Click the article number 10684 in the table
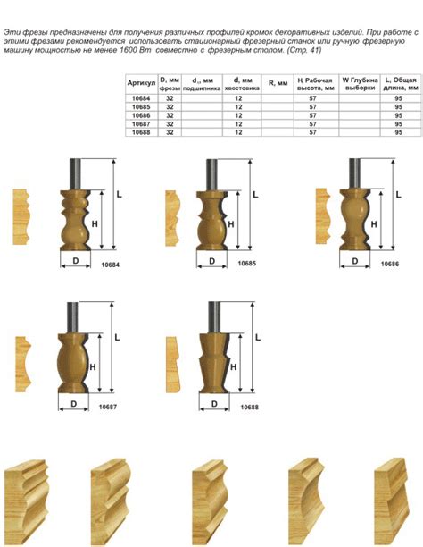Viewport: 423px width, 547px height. (x=141, y=98)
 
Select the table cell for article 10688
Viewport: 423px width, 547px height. (x=141, y=132)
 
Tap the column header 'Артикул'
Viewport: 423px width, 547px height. (x=141, y=83)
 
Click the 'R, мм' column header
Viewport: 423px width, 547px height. (x=278, y=83)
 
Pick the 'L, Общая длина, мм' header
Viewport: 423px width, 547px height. (x=401, y=84)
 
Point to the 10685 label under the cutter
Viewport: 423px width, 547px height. (x=246, y=264)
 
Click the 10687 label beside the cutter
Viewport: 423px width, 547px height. (x=108, y=407)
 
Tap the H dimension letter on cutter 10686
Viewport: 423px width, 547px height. (x=374, y=224)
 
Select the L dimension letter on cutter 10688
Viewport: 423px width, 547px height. (x=258, y=337)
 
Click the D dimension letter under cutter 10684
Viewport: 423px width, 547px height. (x=76, y=261)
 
